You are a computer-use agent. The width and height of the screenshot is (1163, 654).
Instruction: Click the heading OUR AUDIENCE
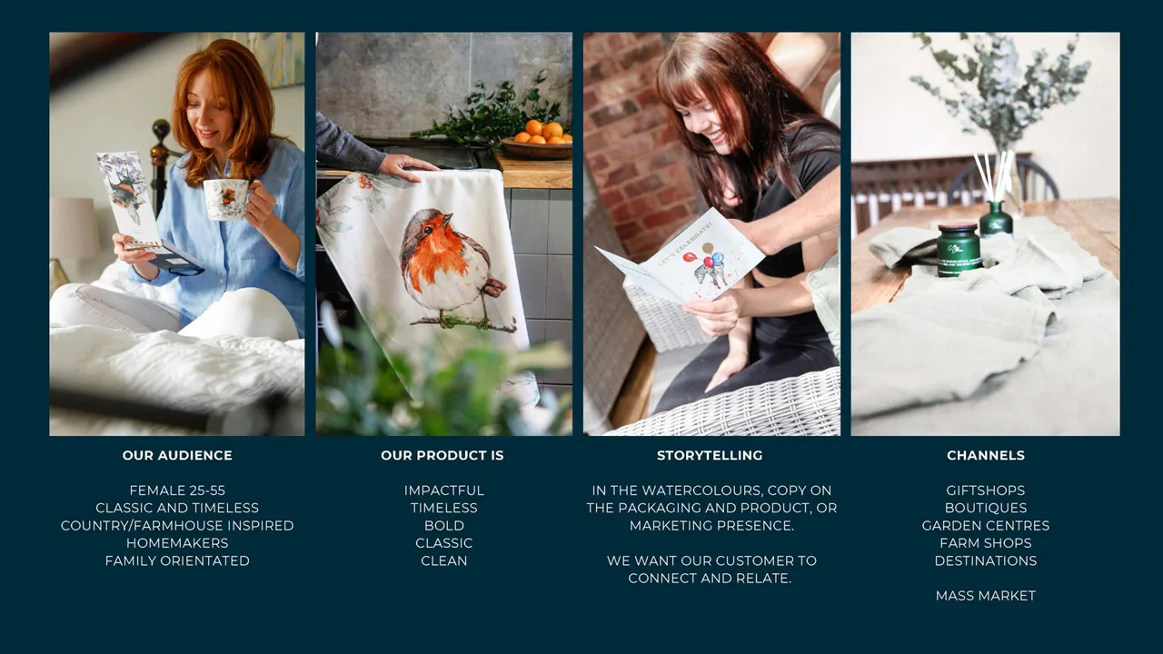click(x=177, y=455)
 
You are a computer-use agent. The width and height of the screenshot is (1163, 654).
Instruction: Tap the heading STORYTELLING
click(x=710, y=455)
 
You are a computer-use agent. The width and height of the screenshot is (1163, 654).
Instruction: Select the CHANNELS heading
click(x=986, y=455)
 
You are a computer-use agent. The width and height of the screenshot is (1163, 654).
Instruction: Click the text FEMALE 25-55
click(x=177, y=490)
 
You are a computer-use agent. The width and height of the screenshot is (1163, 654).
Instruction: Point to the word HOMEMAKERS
click(x=177, y=543)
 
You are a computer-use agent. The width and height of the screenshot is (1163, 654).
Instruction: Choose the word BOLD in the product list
click(x=444, y=525)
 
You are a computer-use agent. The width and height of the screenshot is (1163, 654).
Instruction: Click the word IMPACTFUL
click(x=444, y=490)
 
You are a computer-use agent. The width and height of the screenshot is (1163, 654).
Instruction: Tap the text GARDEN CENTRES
click(x=986, y=525)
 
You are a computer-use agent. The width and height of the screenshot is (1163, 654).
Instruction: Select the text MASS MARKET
click(x=986, y=595)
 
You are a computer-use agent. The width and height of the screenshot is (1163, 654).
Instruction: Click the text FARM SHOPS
click(x=986, y=543)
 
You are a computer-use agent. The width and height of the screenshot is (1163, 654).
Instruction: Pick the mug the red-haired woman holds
click(x=227, y=199)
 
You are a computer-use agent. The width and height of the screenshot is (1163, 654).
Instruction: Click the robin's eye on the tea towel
click(x=429, y=230)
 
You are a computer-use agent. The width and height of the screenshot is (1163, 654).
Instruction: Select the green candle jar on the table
click(x=959, y=249)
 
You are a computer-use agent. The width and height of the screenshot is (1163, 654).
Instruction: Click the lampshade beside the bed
click(x=75, y=228)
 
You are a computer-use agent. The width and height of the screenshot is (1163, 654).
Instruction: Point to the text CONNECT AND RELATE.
click(x=710, y=579)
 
